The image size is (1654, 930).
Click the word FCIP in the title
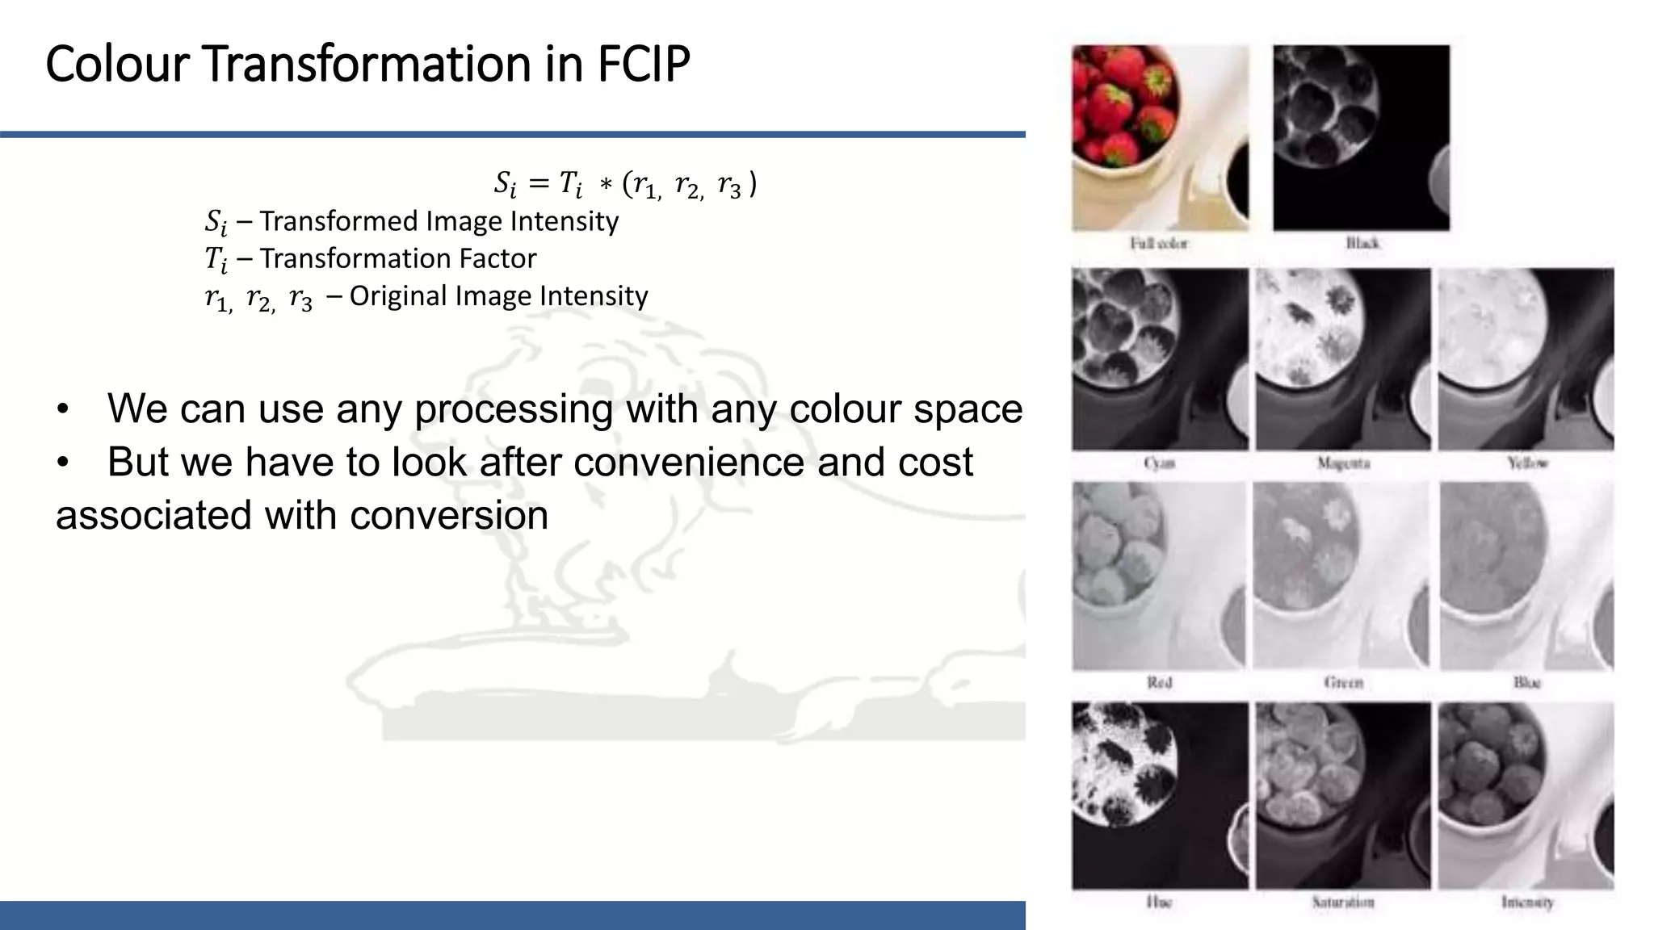coord(644,65)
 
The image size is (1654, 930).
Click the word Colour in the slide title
coord(117,65)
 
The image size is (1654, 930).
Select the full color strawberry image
coord(1160,137)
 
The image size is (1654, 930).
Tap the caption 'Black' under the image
coord(1362,243)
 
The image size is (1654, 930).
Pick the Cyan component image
coord(1160,359)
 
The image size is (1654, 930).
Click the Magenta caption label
coord(1343,463)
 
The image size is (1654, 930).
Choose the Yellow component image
coord(1526,359)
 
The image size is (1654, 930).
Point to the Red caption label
coord(1159,683)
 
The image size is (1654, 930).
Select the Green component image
coord(1342,576)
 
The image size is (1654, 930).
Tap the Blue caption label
coord(1526,683)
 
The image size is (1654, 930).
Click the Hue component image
coord(1160,795)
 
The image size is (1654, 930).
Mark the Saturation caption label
coord(1343,903)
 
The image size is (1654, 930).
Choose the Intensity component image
coord(1526,795)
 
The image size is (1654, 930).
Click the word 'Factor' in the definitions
coord(497,258)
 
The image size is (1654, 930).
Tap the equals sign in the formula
coord(538,184)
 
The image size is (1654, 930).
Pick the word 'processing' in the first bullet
coord(514,408)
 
